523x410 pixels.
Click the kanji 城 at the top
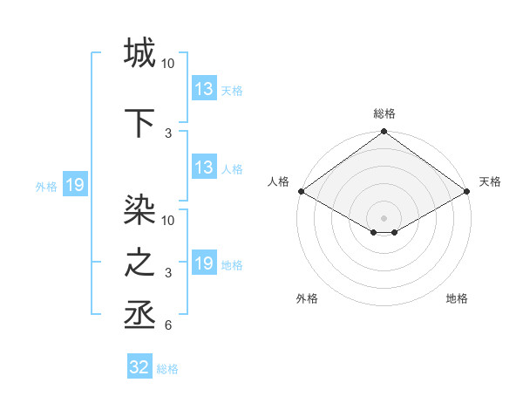139,53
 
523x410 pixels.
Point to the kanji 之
139,263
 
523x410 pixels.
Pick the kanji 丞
139,314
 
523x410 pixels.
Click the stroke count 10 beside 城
168,65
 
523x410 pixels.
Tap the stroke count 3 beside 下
168,133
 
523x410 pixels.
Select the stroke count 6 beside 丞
168,326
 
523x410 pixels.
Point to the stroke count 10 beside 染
168,220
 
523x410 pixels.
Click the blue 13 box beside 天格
204,89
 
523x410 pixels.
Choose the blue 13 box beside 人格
204,167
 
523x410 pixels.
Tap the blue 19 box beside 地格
204,263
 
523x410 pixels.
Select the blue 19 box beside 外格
74,185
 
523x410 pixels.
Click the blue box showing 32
139,367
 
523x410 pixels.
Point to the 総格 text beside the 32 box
167,369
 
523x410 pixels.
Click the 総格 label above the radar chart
384,113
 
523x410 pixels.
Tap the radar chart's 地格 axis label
457,298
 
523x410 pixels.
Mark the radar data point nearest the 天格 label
468,191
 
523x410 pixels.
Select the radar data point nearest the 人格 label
301,191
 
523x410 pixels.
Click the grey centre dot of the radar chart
384,217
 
